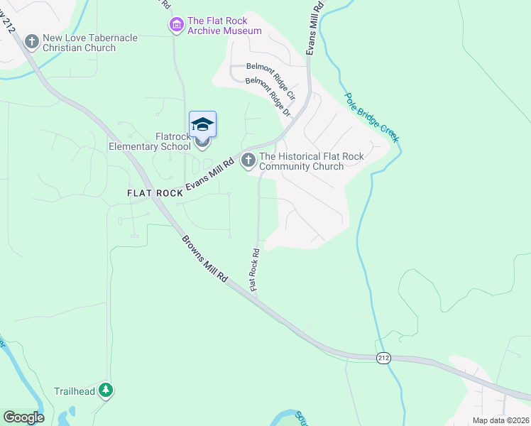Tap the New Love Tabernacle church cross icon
click(31, 43)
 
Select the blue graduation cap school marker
click(202, 124)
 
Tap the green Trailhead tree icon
click(106, 390)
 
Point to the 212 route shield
click(383, 359)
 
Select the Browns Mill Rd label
click(204, 259)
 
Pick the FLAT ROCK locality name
click(155, 193)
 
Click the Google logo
click(23, 417)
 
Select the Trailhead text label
click(75, 390)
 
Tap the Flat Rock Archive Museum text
click(224, 26)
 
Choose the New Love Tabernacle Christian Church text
click(89, 43)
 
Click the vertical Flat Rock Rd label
click(254, 268)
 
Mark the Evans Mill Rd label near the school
click(210, 174)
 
